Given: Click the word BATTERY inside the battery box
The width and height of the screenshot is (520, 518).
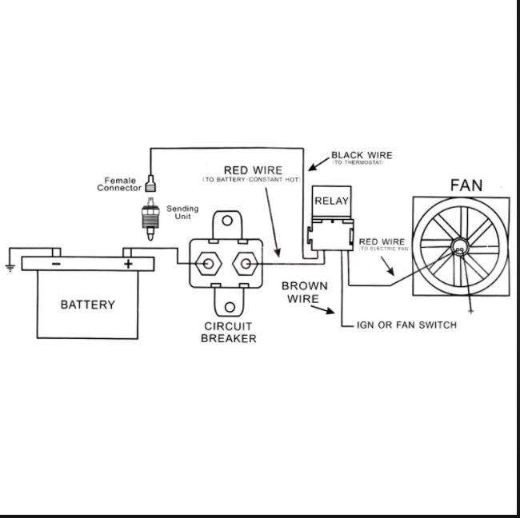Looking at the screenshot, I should click(88, 305).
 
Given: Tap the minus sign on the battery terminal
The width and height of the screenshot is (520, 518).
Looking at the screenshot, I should click(56, 262).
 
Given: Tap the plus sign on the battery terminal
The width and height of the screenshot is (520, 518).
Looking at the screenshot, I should click(127, 262).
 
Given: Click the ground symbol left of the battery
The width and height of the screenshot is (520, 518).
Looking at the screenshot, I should click(10, 267).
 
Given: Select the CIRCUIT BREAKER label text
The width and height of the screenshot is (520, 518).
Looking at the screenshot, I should click(229, 333).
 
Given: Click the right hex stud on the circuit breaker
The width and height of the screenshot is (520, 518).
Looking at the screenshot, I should click(246, 262).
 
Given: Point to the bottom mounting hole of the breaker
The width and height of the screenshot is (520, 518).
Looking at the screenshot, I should click(229, 305).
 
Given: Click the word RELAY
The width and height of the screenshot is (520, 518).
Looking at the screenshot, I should click(331, 201).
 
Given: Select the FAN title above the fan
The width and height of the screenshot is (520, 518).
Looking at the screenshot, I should click(466, 185).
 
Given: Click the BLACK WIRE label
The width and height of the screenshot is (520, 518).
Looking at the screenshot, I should click(362, 155).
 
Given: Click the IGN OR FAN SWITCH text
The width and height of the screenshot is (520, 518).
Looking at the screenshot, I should click(407, 325).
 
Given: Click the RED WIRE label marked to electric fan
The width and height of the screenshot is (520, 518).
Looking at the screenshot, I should click(382, 241).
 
